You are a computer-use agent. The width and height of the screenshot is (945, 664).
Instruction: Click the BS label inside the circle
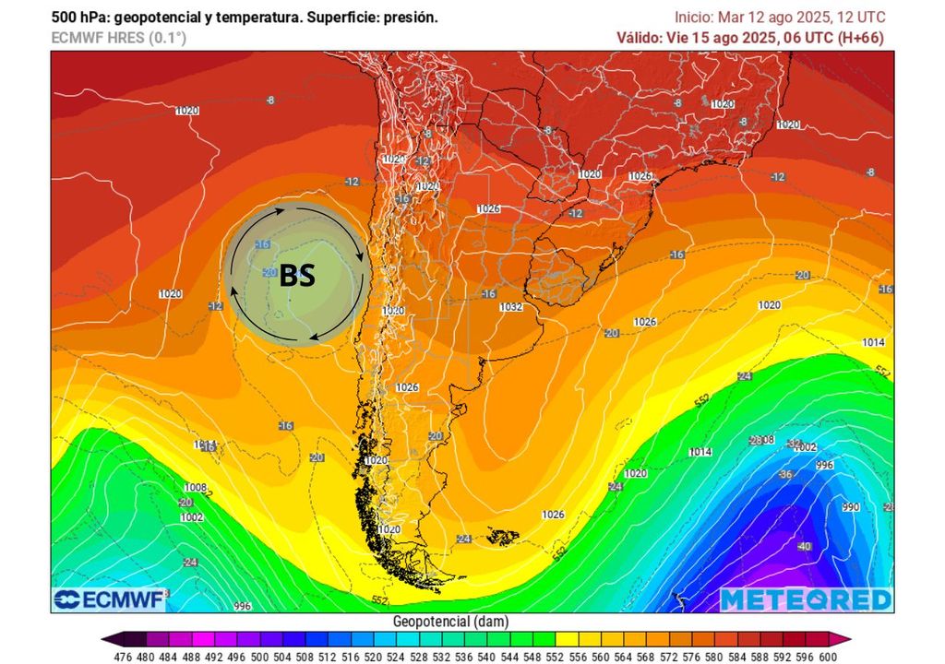point(297,275)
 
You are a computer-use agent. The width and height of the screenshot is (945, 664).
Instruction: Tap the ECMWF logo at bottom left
point(109,599)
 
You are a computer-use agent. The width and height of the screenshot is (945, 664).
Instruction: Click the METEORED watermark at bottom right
point(806,599)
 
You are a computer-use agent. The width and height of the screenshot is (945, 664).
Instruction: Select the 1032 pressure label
point(510,307)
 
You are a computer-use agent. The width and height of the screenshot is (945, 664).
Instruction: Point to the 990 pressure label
point(851,507)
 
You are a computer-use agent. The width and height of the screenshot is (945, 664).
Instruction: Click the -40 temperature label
point(804,546)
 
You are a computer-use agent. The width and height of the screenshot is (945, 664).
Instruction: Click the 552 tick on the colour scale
point(556,657)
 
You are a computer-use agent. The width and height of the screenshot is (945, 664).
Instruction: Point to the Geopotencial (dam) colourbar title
point(449,622)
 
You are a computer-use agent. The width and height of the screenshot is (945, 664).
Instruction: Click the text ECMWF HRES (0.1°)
point(118,38)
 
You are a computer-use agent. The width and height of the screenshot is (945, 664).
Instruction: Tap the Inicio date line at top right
point(780,17)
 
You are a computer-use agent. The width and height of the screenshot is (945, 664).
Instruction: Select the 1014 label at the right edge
point(873,342)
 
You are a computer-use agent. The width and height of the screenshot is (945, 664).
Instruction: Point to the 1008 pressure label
point(195,487)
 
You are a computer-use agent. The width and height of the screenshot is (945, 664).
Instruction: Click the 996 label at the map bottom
point(242,606)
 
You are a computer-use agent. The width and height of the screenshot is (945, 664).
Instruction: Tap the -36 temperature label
point(786,474)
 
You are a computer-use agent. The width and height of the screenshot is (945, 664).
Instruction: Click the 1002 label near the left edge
point(191,517)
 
